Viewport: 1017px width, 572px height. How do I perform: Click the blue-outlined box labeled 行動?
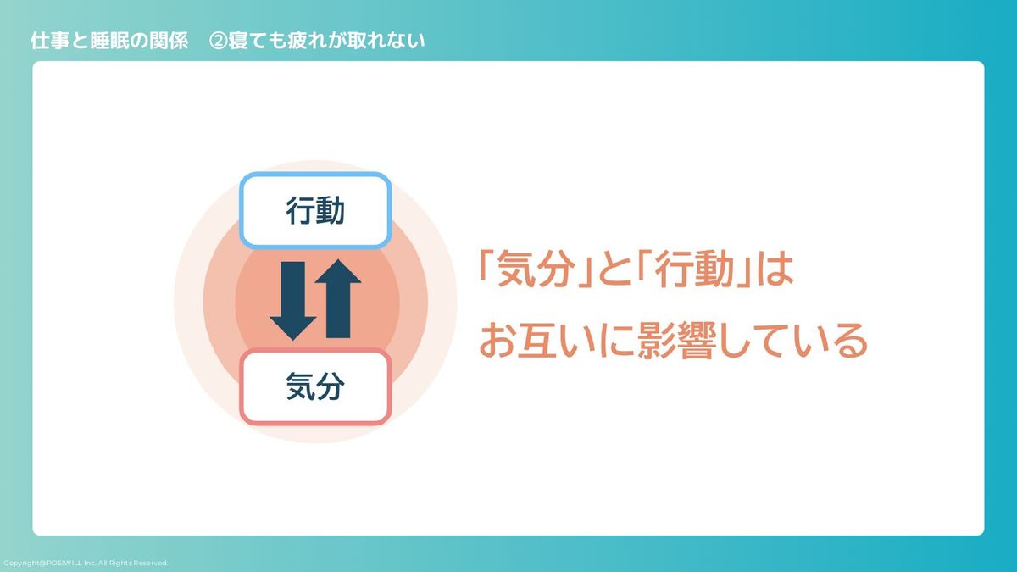tap(315, 210)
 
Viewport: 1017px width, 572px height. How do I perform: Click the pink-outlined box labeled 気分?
tap(315, 386)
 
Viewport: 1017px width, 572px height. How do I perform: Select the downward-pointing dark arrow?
tap(293, 301)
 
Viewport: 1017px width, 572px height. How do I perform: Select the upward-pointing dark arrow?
tap(338, 298)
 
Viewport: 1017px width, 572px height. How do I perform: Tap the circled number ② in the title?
tap(218, 41)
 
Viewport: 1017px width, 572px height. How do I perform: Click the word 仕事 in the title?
tap(50, 41)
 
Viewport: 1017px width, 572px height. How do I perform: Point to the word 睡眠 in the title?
tap(109, 41)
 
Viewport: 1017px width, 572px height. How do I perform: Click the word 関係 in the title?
tap(169, 41)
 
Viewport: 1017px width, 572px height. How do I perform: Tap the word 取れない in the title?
tap(386, 41)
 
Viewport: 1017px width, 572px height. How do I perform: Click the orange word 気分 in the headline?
tap(534, 269)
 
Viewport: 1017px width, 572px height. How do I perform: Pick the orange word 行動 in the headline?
tap(695, 269)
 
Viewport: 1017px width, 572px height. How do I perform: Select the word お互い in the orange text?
tap(536, 341)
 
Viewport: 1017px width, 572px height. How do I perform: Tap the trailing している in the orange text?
tap(793, 341)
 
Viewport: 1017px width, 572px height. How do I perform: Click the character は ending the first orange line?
tap(775, 269)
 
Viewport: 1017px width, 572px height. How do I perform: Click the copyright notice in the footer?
tap(86, 563)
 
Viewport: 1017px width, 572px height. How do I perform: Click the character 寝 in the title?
tap(238, 41)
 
